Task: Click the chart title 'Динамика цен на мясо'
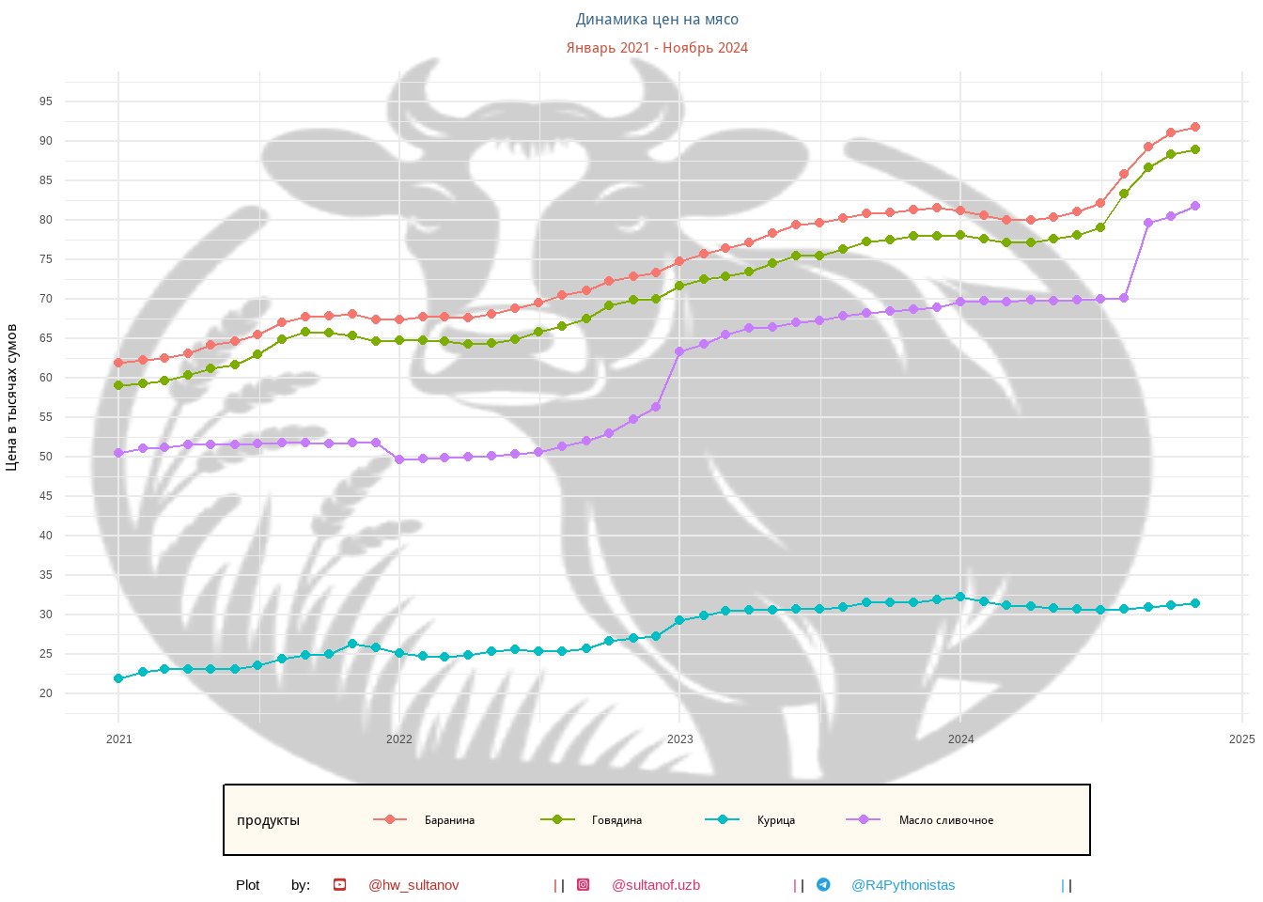click(657, 20)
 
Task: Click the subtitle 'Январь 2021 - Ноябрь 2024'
click(657, 48)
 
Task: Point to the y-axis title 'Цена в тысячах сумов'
click(12, 397)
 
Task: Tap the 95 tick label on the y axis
click(46, 101)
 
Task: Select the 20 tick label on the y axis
click(46, 693)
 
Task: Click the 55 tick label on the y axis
click(46, 417)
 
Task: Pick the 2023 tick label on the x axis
click(679, 739)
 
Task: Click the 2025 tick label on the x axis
click(1241, 739)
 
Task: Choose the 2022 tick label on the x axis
click(399, 739)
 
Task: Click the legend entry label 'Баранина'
click(449, 820)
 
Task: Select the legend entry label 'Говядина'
click(616, 820)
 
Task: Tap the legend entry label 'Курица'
click(776, 820)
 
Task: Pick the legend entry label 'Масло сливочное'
click(945, 820)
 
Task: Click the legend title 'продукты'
click(268, 820)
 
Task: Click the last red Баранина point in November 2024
click(1195, 127)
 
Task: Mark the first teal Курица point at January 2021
click(118, 678)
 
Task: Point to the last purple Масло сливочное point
click(1195, 206)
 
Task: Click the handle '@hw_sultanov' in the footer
click(413, 885)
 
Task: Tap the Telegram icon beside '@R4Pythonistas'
click(823, 885)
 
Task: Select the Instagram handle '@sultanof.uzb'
click(656, 885)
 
